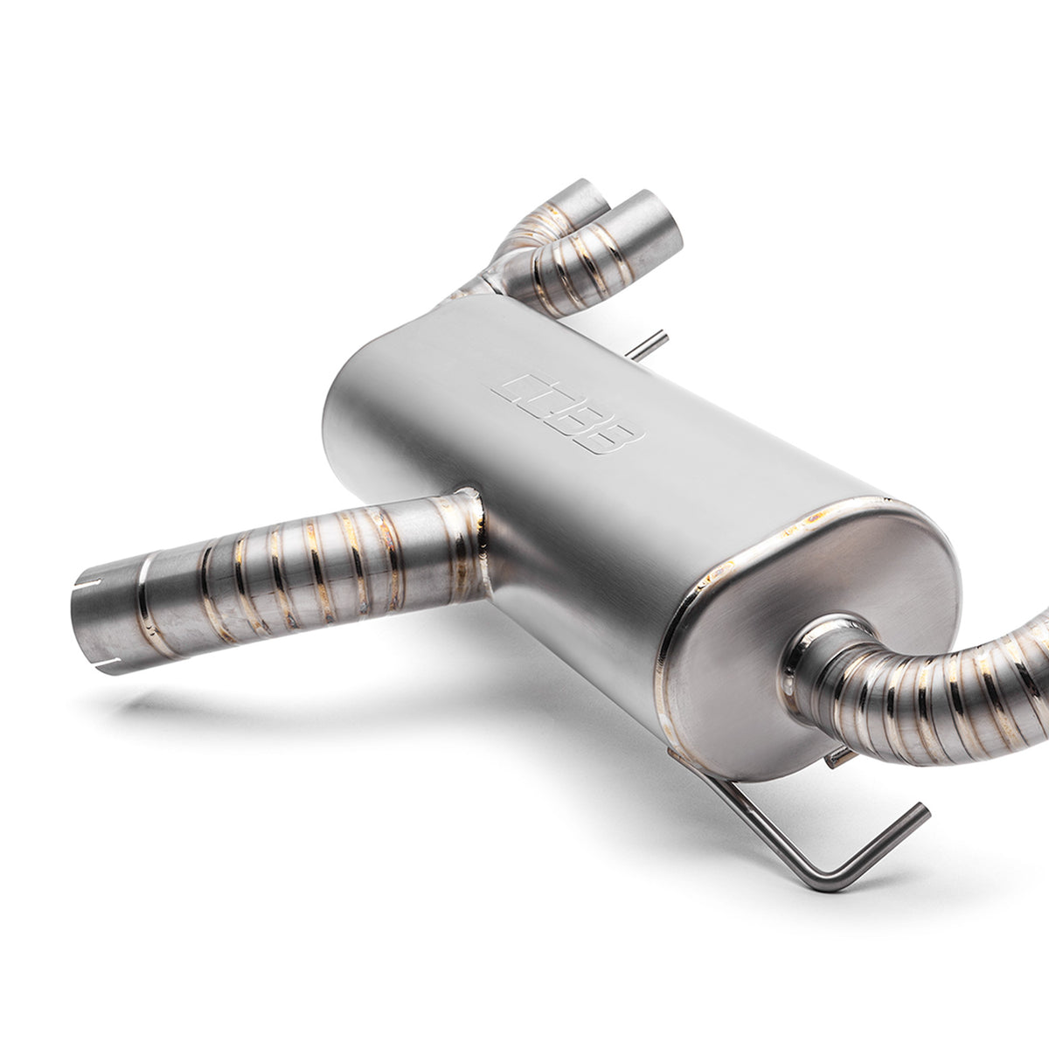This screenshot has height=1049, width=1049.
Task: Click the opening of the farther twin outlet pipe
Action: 580,197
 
